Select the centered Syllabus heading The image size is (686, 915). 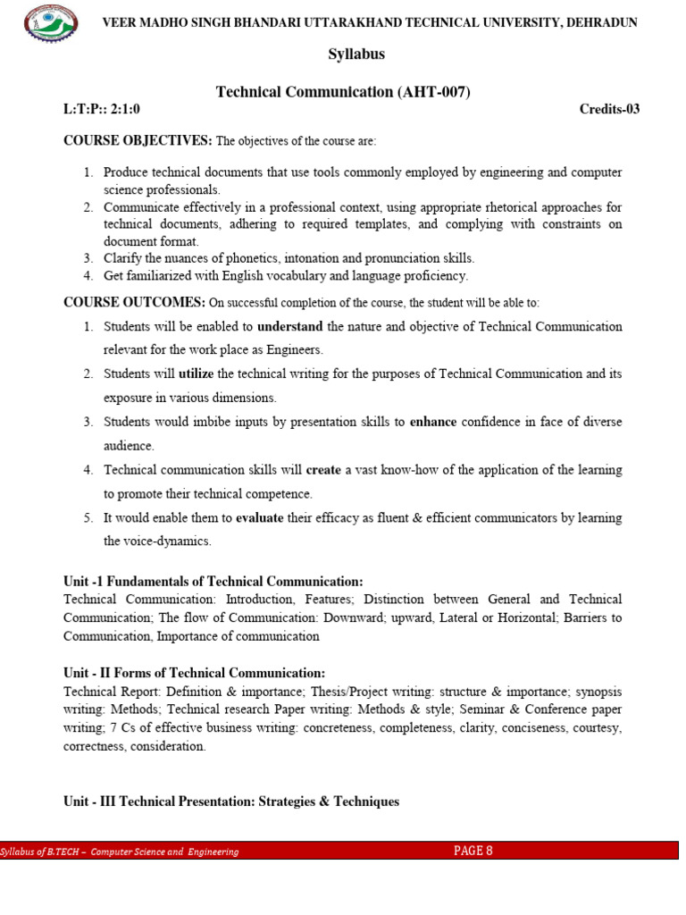point(356,55)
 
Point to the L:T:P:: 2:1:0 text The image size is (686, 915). point(102,110)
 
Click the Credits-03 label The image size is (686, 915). point(609,110)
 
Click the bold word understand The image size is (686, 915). point(289,327)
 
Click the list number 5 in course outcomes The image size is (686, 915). point(88,518)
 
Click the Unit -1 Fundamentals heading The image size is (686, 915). point(213,581)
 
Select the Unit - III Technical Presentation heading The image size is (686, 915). point(231,802)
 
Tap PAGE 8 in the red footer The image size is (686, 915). point(473,851)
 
